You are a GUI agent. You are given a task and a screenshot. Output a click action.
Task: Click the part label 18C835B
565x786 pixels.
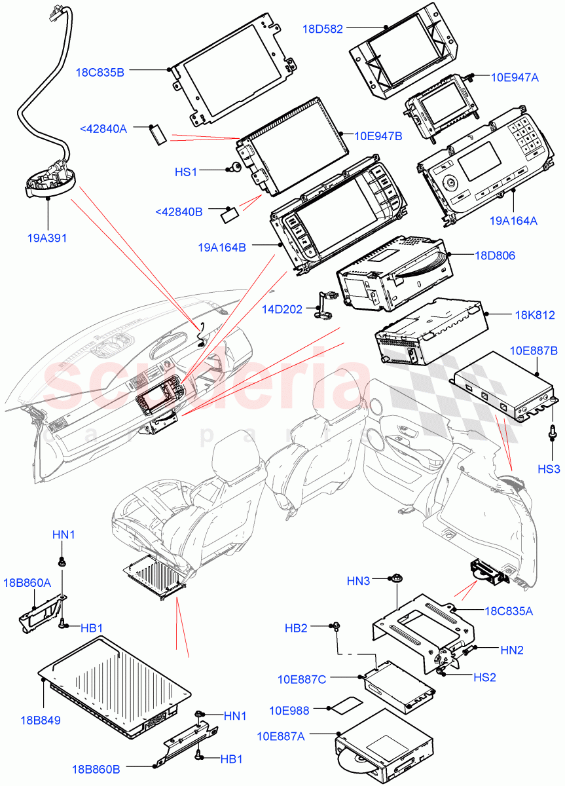pos(100,73)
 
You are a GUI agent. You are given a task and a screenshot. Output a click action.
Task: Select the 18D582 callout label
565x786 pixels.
pos(323,29)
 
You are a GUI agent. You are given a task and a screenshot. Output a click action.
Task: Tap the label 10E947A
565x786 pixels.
pos(515,77)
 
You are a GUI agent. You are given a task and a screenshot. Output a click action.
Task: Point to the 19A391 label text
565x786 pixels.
pos(47,238)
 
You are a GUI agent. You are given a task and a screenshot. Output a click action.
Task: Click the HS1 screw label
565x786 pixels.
pos(186,172)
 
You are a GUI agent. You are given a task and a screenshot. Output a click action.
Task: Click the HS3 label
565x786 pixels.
pos(549,469)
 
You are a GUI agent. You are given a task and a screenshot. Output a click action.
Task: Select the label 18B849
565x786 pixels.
pos(40,720)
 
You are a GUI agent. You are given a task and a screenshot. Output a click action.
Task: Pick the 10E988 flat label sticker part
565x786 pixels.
pos(346,708)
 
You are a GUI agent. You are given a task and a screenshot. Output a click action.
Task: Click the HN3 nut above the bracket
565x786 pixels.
pos(396,578)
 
